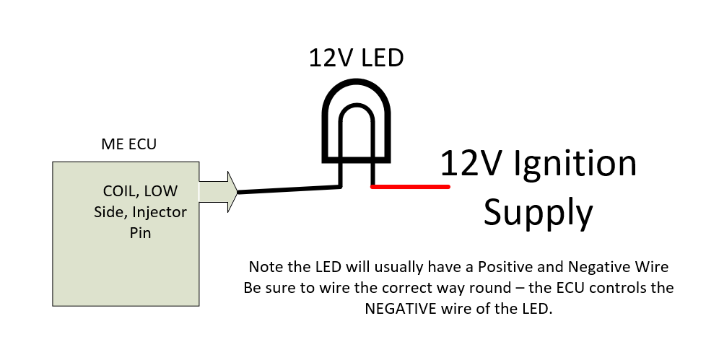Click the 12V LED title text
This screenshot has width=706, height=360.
click(356, 58)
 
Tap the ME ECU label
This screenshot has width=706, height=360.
click(128, 144)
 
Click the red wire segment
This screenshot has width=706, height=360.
click(410, 186)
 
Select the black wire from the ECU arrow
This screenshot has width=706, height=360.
click(289, 190)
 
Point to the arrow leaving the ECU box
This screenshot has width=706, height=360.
click(218, 192)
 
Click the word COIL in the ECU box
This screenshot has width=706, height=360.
click(121, 191)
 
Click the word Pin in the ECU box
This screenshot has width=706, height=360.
click(140, 232)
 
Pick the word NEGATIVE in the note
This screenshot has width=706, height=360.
click(394, 309)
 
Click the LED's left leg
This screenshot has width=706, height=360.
click(341, 173)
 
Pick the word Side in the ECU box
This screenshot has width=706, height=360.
click(110, 212)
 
